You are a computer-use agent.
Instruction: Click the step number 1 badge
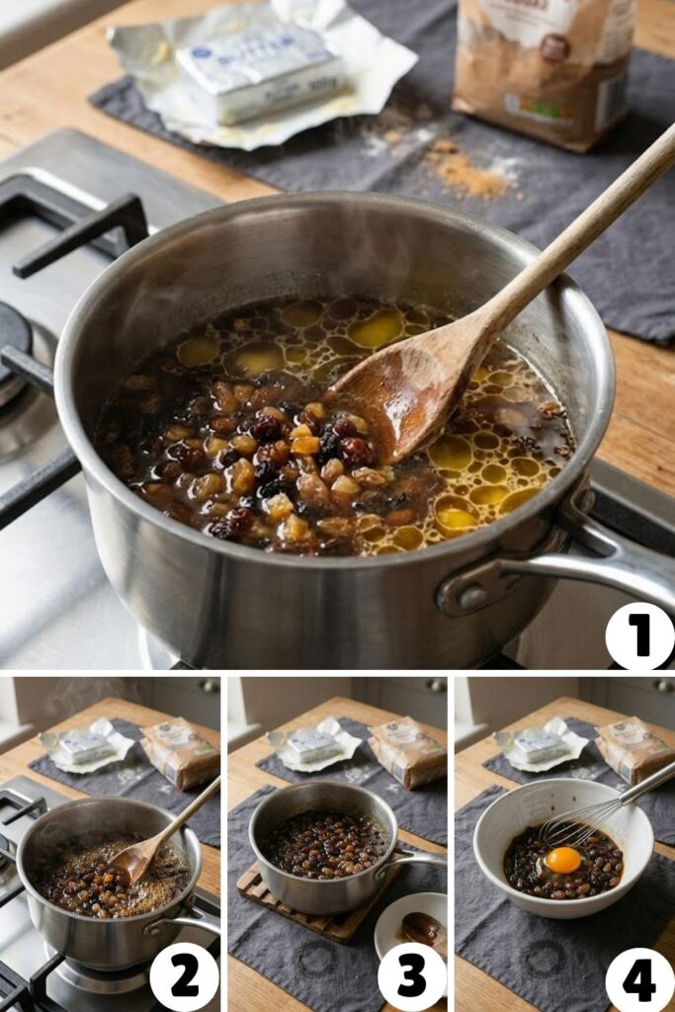point(639,636)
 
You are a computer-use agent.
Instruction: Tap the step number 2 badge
point(184,976)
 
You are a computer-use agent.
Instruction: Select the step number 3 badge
point(412,976)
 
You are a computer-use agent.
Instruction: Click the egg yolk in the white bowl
point(563,860)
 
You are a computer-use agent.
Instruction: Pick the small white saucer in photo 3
point(413,925)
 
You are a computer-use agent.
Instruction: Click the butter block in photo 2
point(85,743)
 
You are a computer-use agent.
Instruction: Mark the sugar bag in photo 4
point(633,748)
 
